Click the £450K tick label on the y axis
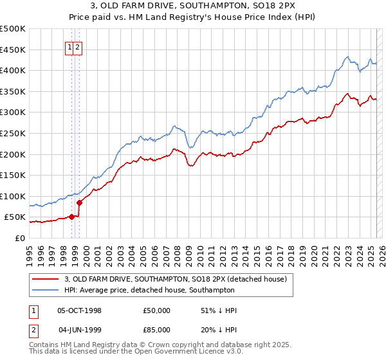13,50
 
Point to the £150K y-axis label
13,175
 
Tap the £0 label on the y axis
19,238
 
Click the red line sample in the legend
46,278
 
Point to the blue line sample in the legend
46,289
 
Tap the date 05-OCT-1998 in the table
80,310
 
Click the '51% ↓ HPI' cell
219,310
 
